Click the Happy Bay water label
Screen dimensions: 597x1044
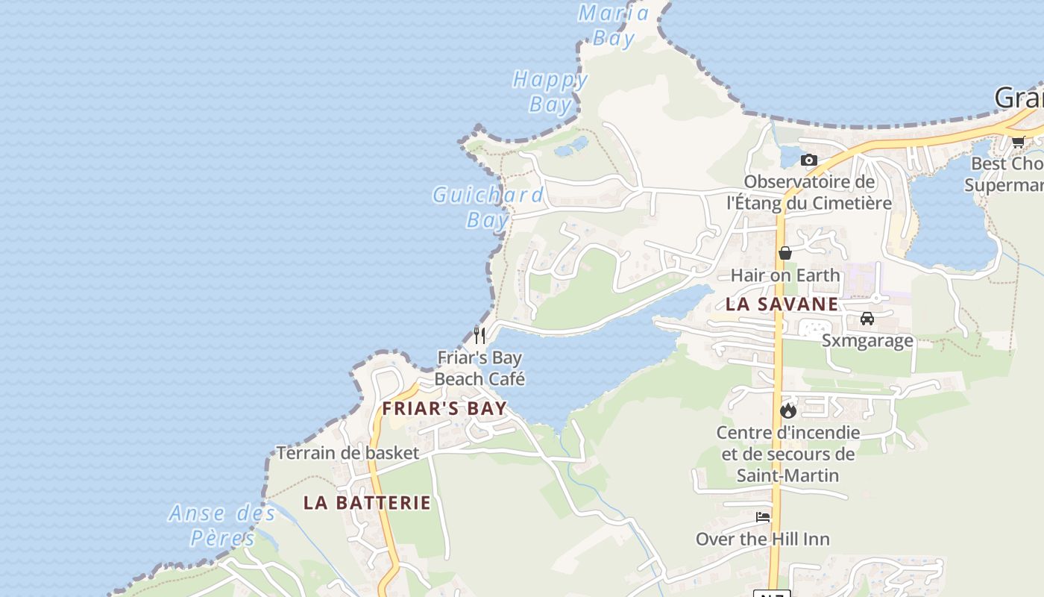click(550, 91)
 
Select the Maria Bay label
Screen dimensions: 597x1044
click(613, 25)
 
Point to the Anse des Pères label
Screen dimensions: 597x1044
click(222, 525)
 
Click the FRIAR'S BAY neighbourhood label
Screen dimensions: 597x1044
click(444, 408)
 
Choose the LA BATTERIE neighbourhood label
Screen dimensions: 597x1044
click(367, 502)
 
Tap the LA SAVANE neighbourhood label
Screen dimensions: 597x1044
click(782, 304)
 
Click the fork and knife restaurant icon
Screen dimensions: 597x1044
click(479, 335)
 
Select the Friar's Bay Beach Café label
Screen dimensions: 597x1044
click(479, 368)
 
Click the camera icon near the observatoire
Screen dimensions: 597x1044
click(808, 160)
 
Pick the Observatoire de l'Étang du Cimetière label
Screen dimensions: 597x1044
click(809, 192)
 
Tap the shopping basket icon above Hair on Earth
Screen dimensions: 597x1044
click(784, 253)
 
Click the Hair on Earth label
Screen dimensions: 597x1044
click(784, 275)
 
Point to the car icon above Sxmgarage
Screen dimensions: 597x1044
click(867, 319)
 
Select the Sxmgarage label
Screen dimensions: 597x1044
click(867, 341)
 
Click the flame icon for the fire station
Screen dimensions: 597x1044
click(788, 410)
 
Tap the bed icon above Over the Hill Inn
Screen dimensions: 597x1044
click(762, 516)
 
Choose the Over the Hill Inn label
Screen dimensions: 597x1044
click(762, 539)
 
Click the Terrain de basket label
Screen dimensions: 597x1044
click(348, 453)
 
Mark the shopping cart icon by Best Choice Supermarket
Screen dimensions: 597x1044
click(1018, 141)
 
